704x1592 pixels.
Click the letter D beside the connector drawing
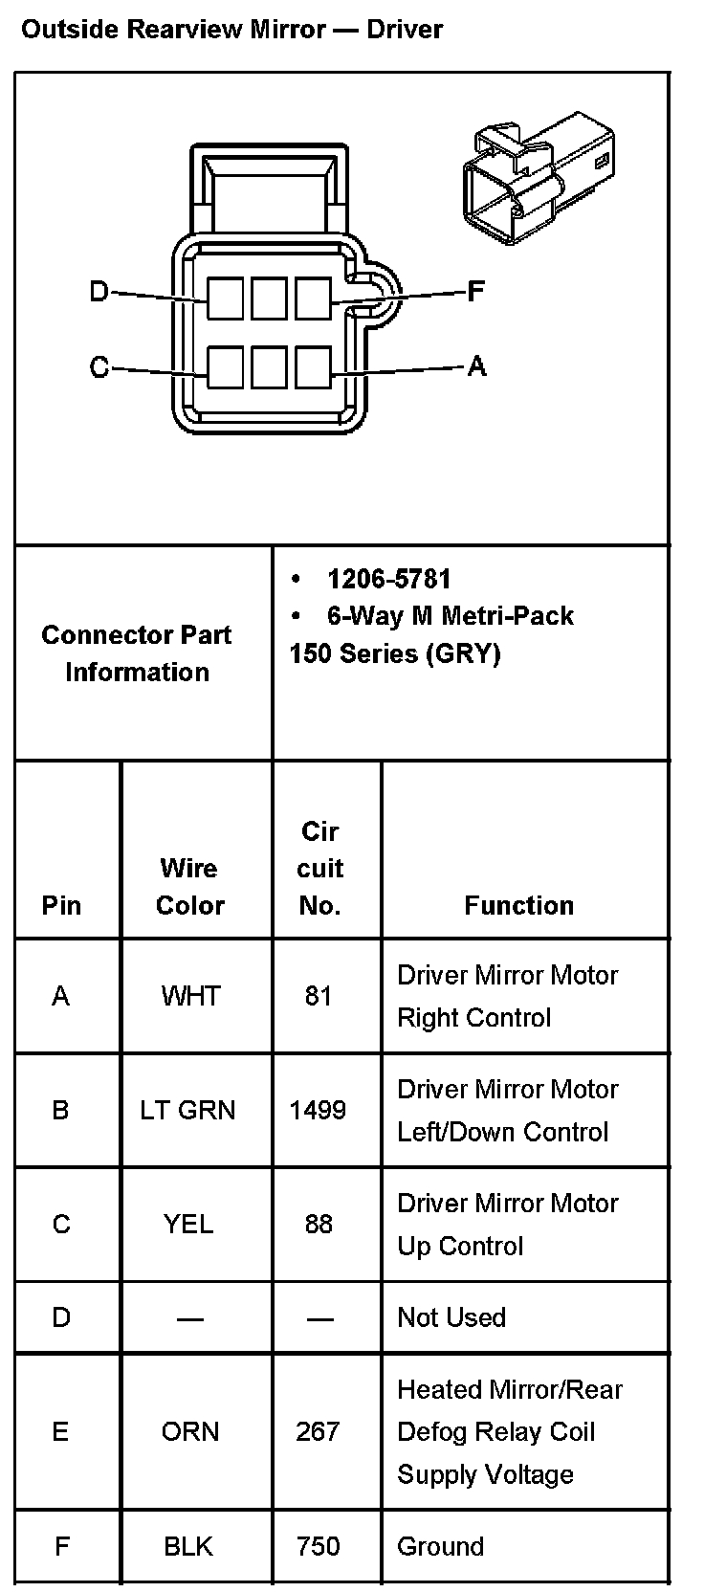pyautogui.click(x=99, y=291)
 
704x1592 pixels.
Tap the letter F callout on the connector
pyautogui.click(x=475, y=291)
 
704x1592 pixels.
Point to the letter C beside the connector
pyautogui.click(x=99, y=367)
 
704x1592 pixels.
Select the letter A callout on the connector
pyautogui.click(x=475, y=365)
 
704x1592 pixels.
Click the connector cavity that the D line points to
pyautogui.click(x=226, y=298)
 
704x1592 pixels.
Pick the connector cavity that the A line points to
pyautogui.click(x=313, y=367)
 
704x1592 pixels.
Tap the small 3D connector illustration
pyautogui.click(x=539, y=177)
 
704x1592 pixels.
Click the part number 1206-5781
pyautogui.click(x=388, y=579)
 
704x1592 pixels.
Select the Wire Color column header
pyautogui.click(x=189, y=886)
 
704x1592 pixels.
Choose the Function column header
pyautogui.click(x=518, y=905)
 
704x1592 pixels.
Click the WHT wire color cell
pyautogui.click(x=190, y=996)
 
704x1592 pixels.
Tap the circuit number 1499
pyautogui.click(x=318, y=1110)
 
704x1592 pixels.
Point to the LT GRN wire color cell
pyautogui.click(x=187, y=1110)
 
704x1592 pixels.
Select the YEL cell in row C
pyautogui.click(x=188, y=1224)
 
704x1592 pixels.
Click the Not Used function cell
pyautogui.click(x=451, y=1317)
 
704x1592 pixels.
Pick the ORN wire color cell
pyautogui.click(x=190, y=1431)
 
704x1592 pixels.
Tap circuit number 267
pyautogui.click(x=318, y=1431)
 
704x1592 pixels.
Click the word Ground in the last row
pyautogui.click(x=440, y=1546)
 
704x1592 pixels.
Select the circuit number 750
pyautogui.click(x=318, y=1546)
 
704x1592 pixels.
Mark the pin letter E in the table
pyautogui.click(x=60, y=1431)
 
